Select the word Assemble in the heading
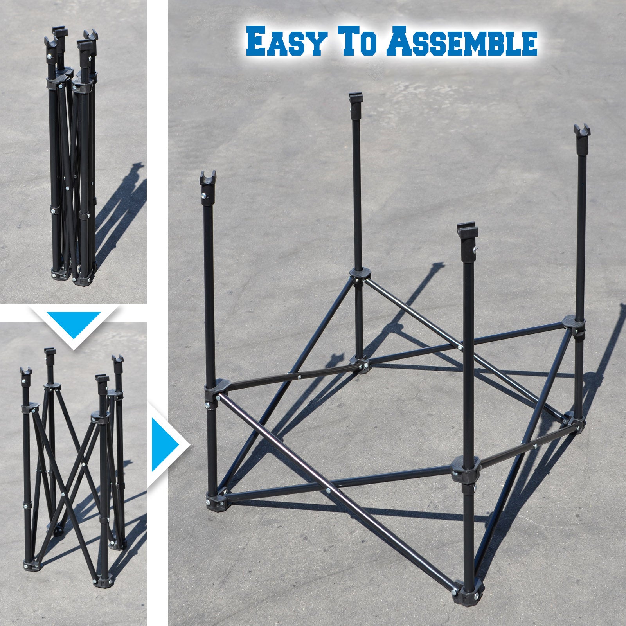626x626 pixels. [464, 41]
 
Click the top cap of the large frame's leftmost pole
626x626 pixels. [208, 178]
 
